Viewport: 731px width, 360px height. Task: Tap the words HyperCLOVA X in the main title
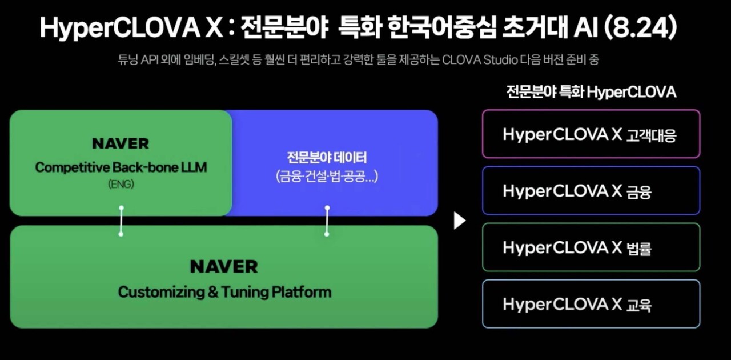131,27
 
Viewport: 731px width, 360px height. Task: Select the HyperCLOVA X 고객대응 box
591,134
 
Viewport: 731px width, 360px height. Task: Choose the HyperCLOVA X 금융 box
591,191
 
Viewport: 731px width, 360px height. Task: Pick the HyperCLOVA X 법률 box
591,247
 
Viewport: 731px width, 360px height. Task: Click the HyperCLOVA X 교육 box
591,304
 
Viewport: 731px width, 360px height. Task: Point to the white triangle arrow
459,220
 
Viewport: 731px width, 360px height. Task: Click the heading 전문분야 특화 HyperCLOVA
591,92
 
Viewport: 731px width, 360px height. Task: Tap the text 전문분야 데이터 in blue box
327,157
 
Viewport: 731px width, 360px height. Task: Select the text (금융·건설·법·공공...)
327,177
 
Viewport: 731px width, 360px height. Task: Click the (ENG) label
121,184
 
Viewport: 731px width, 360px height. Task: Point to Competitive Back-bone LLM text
121,167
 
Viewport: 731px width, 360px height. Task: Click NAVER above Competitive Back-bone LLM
121,143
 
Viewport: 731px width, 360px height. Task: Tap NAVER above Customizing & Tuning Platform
224,266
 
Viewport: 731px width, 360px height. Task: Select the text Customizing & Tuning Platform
224,292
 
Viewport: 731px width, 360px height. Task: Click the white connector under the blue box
327,221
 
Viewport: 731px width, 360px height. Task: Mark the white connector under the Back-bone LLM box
121,221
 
